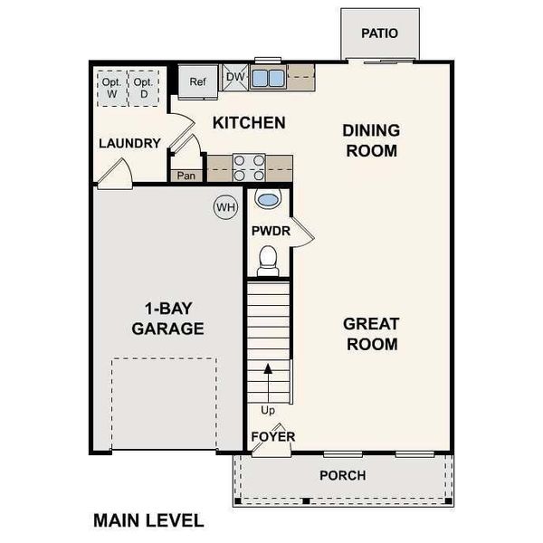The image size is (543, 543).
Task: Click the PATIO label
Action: tap(379, 33)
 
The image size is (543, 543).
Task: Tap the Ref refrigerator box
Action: tap(198, 81)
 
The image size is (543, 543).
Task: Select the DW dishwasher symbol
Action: tap(235, 78)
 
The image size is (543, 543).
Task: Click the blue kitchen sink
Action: tap(268, 78)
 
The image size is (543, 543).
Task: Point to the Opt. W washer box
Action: tap(111, 87)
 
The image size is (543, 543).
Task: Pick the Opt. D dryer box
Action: tap(143, 87)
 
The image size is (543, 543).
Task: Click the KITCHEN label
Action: tap(249, 122)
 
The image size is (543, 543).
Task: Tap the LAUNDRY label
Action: tap(129, 143)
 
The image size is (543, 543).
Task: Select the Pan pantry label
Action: tap(187, 176)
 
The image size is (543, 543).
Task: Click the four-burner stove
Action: tap(250, 167)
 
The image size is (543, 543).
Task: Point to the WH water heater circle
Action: tap(225, 207)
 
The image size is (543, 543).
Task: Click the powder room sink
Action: tap(268, 199)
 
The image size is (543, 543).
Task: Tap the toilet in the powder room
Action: tap(268, 262)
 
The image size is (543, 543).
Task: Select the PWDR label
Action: tap(271, 231)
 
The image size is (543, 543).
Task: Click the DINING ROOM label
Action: tap(371, 140)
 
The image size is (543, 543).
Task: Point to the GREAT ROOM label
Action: tap(371, 334)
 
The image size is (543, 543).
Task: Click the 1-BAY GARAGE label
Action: tap(167, 318)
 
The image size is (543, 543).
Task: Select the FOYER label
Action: tap(273, 436)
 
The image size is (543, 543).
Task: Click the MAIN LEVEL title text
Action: tap(148, 520)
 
